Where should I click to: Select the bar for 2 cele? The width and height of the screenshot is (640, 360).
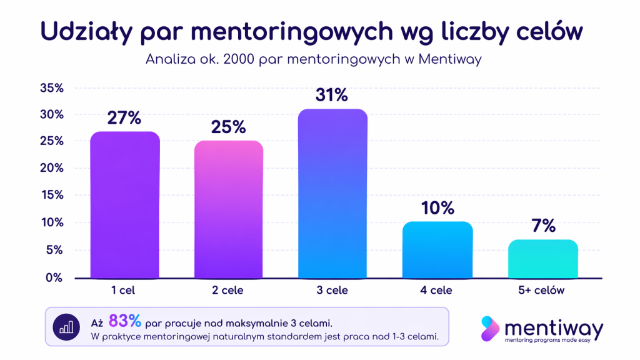pos(229,209)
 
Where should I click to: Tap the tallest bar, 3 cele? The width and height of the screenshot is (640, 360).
pos(332,194)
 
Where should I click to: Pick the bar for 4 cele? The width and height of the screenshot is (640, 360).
pos(437,250)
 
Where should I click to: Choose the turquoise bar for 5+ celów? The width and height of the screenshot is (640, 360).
pos(542,259)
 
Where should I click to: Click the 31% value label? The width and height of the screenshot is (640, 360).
pos(332,96)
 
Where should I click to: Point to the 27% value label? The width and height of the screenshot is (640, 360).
pos(124,118)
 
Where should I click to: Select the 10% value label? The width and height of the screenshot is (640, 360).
pos(437,208)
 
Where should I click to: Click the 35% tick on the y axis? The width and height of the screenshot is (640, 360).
pos(52,88)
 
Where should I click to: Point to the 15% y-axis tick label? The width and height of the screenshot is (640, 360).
pos(52,195)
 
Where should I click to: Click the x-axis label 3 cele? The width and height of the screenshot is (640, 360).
pos(332,291)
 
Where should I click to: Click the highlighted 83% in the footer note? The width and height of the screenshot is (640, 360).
pos(125,321)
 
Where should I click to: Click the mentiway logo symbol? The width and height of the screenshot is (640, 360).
pos(490,329)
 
